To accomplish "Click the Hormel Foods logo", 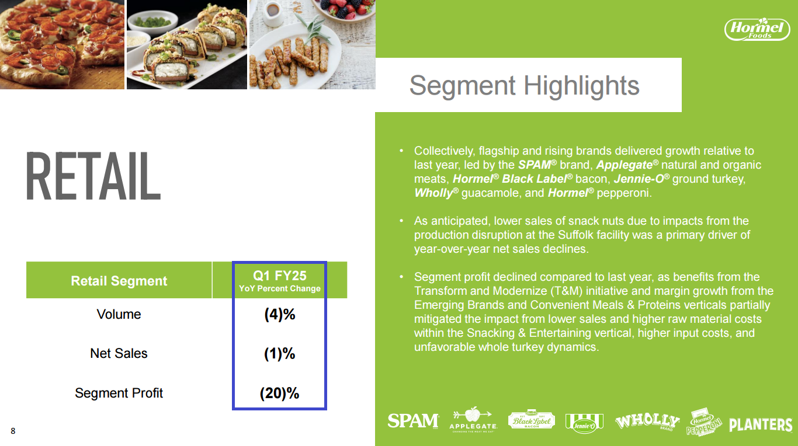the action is [x=757, y=29].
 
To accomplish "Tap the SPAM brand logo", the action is [x=413, y=421].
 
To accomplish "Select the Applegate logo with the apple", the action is [x=473, y=420].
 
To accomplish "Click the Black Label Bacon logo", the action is [x=531, y=420].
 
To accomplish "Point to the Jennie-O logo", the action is [x=584, y=423].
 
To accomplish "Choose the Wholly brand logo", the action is [x=647, y=421].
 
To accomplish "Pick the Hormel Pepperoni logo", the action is [x=703, y=422].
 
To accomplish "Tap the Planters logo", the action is [x=761, y=424].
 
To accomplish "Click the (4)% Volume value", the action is [x=280, y=315].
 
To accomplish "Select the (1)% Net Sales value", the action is [x=280, y=354].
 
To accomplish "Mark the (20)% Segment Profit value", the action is [x=280, y=393].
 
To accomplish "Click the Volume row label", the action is [x=119, y=314].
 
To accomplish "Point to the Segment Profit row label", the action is [x=119, y=393].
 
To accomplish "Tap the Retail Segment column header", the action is [x=119, y=281].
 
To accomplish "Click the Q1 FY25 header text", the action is [x=280, y=276].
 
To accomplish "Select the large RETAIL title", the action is [x=93, y=176].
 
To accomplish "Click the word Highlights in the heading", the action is [x=581, y=86].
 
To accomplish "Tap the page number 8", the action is [x=13, y=431].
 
